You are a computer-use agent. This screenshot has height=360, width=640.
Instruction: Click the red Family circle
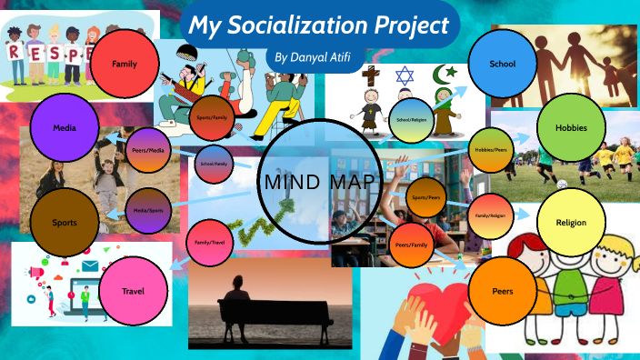(x=125, y=65)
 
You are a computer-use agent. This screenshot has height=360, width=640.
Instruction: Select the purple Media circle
(x=64, y=129)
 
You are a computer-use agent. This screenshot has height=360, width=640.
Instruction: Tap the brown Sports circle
(x=64, y=222)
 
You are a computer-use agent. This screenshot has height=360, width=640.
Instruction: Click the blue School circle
(x=503, y=65)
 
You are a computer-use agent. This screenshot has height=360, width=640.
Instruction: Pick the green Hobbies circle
(x=572, y=128)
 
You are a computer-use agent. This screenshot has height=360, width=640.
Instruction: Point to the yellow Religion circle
(x=572, y=223)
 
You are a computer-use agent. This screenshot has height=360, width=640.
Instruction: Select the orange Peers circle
(x=503, y=291)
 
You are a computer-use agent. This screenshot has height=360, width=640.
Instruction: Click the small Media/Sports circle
(x=147, y=211)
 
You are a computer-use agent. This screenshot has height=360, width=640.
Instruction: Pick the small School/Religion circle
(x=412, y=119)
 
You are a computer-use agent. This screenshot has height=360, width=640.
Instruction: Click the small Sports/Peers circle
(x=426, y=197)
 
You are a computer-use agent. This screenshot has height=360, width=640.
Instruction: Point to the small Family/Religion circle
(x=490, y=215)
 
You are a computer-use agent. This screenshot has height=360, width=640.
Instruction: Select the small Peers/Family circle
(x=412, y=245)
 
